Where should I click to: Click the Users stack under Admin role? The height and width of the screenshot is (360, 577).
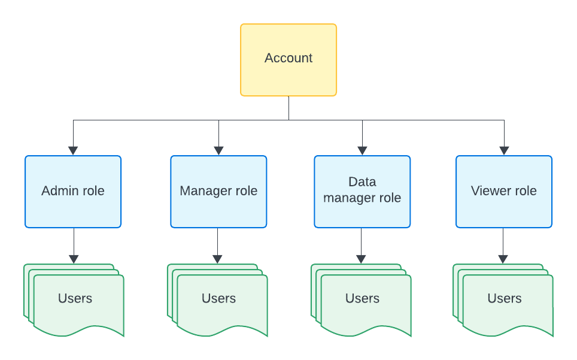pyautogui.click(x=75, y=300)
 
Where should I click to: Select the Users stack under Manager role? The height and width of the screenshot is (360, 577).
pyautogui.click(x=218, y=300)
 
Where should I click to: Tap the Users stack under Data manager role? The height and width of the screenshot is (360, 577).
pyautogui.click(x=362, y=300)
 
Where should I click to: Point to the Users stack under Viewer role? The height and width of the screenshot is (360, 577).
pyautogui.click(x=504, y=300)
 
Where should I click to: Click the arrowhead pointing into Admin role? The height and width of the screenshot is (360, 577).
pyautogui.click(x=73, y=151)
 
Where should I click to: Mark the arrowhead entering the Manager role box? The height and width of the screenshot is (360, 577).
pyautogui.click(x=218, y=151)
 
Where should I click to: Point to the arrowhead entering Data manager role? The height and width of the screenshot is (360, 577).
pyautogui.click(x=362, y=151)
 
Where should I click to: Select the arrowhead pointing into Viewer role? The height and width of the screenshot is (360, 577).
pyautogui.click(x=504, y=151)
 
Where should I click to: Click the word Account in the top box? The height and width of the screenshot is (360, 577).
pyautogui.click(x=288, y=58)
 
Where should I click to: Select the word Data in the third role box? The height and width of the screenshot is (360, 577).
pyautogui.click(x=362, y=181)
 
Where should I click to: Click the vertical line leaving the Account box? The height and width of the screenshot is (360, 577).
pyautogui.click(x=288, y=108)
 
